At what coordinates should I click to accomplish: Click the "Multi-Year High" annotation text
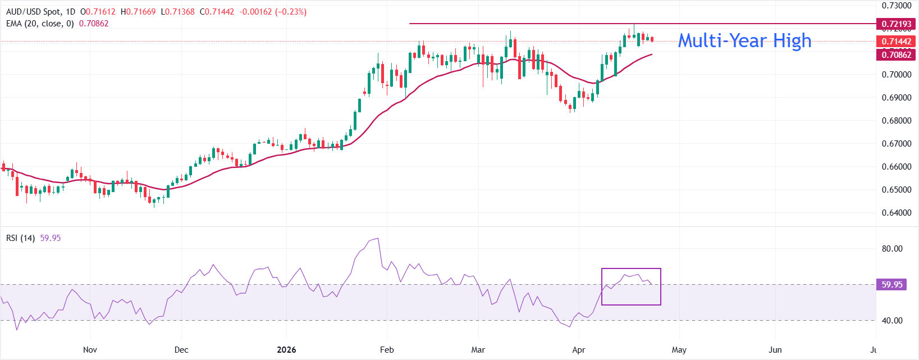[x=744, y=40]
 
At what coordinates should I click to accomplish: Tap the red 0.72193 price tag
[x=896, y=24]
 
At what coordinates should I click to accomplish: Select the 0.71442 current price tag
[x=896, y=42]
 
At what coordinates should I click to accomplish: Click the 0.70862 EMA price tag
[x=896, y=54]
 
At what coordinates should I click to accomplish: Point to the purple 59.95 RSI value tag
[x=891, y=285]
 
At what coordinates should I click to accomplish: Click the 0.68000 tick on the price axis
[x=896, y=121]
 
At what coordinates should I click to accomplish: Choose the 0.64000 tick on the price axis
[x=896, y=213]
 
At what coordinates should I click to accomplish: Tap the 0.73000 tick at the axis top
[x=896, y=6]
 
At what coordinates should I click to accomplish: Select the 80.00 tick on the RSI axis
[x=892, y=249]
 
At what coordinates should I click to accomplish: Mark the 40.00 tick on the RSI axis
[x=892, y=321]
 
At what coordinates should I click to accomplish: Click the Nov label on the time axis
[x=90, y=350]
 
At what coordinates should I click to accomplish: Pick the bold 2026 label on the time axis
[x=286, y=350]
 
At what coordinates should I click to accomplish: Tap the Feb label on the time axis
[x=387, y=350]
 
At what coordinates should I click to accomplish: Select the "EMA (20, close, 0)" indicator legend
[x=40, y=24]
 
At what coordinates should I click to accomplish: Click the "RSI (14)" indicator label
[x=20, y=238]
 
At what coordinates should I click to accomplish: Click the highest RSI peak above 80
[x=378, y=239]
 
